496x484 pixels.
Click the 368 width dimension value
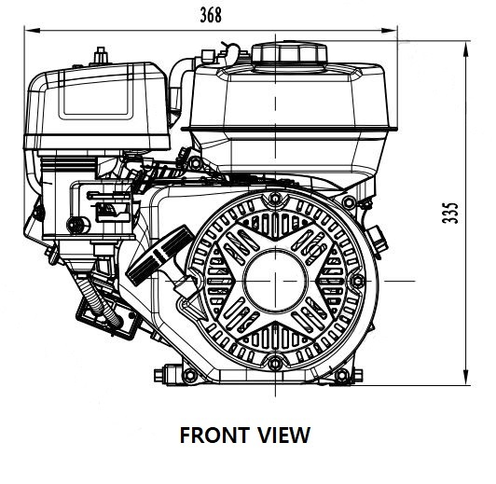(x=211, y=15)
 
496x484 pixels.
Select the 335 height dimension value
(x=449, y=213)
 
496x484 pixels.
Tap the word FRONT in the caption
(x=214, y=436)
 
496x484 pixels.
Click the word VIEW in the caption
(x=283, y=436)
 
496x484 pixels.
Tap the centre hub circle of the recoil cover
(x=276, y=281)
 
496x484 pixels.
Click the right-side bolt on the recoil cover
(x=358, y=281)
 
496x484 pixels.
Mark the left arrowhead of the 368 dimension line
(x=33, y=31)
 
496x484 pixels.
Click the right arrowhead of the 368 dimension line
(x=389, y=31)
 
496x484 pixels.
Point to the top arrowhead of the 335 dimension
(x=465, y=49)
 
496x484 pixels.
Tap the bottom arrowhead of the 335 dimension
(x=465, y=378)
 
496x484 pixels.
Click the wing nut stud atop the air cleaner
(x=101, y=55)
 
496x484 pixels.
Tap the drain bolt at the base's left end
(x=163, y=376)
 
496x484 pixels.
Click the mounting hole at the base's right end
(x=341, y=375)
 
